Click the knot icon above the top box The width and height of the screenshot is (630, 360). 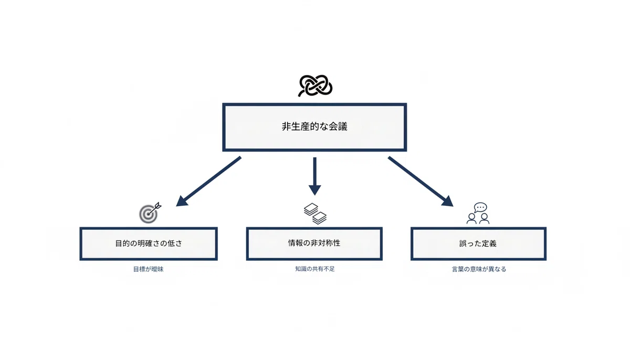pyautogui.click(x=316, y=86)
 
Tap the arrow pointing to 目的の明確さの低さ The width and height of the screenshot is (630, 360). pyautogui.click(x=208, y=181)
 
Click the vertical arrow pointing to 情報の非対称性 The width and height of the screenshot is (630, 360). pyautogui.click(x=314, y=176)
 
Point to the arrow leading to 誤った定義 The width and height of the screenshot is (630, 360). pyautogui.click(x=421, y=181)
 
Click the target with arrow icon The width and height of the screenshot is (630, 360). pyautogui.click(x=150, y=213)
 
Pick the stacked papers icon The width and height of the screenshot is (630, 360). pyautogui.click(x=315, y=214)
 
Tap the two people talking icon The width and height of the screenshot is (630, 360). pyautogui.click(x=478, y=213)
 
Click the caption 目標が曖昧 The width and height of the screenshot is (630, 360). pyautogui.click(x=148, y=269)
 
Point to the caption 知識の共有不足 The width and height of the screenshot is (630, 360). pyautogui.click(x=314, y=269)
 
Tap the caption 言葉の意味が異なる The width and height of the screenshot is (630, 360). pyautogui.click(x=479, y=269)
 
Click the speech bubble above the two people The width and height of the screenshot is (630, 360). pyautogui.click(x=480, y=208)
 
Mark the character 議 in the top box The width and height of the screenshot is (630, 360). pyautogui.click(x=342, y=126)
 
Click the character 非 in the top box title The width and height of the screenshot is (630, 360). pyautogui.click(x=287, y=126)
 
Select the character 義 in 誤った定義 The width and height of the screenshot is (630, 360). pyautogui.click(x=493, y=243)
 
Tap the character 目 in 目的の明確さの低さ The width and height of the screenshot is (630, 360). pyautogui.click(x=119, y=243)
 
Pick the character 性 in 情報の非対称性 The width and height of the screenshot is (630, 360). pyautogui.click(x=337, y=243)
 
